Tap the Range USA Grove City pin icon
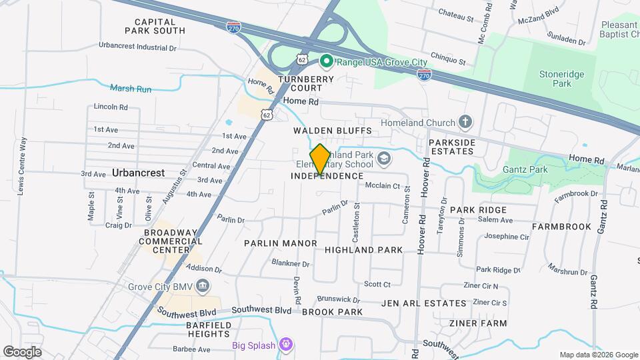point(326,62)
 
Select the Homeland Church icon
point(465,123)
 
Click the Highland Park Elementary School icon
point(383,159)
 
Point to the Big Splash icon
point(286,345)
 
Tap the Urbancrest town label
point(138,172)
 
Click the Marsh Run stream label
point(131,89)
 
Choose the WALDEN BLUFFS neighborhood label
point(332,131)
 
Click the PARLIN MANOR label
point(281,243)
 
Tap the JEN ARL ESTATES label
point(424,303)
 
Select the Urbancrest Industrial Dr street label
point(137,47)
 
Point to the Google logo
point(22,351)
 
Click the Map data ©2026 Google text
point(597,355)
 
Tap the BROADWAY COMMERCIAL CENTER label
point(171,241)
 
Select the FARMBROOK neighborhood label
point(561,227)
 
